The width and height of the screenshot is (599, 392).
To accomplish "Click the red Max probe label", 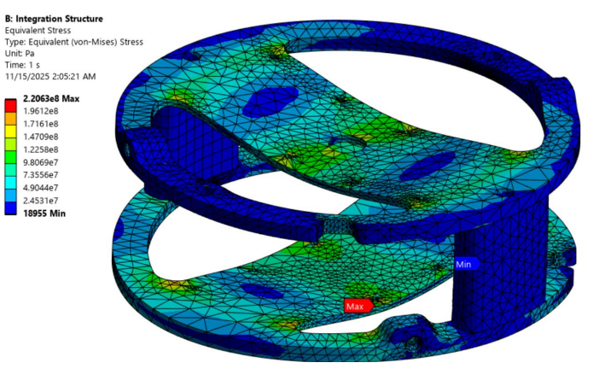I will pos(356,305).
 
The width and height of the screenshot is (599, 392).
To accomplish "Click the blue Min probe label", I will pos(465,264).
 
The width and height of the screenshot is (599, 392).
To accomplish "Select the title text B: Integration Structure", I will pos(55,19).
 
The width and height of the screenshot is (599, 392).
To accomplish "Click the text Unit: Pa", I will pos(23,53).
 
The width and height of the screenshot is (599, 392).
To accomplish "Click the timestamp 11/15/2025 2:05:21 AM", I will pos(50,76).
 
